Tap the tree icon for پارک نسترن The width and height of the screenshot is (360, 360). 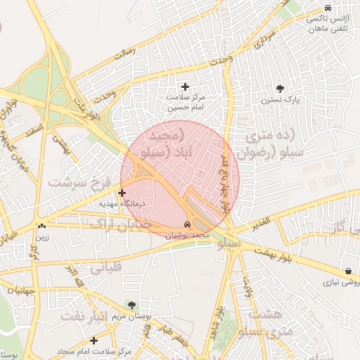point(281,88)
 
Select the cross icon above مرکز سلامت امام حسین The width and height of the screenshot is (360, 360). point(185,86)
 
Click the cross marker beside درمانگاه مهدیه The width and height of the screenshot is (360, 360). point(122,192)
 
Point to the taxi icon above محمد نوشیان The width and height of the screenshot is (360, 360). point(186,224)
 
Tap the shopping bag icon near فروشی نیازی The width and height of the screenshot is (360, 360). point(349,271)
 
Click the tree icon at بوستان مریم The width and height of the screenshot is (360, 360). point(131,304)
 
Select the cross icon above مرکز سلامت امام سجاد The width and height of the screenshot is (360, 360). point(94,340)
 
